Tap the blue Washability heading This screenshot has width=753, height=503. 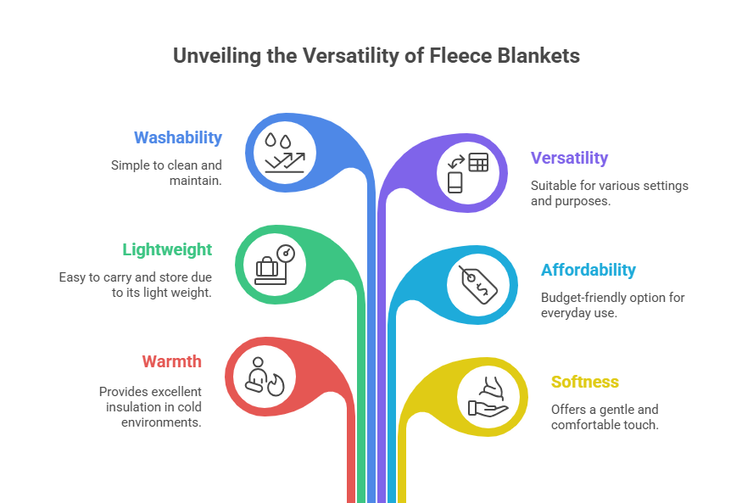(178, 137)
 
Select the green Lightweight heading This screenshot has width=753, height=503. (167, 249)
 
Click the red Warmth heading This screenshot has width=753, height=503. (172, 361)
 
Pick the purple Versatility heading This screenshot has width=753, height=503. (570, 158)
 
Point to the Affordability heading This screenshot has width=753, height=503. (588, 270)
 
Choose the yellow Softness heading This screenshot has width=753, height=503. (585, 382)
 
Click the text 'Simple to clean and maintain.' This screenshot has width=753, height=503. (166, 173)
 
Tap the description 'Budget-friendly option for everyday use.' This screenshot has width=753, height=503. (612, 305)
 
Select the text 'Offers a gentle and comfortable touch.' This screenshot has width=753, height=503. (605, 417)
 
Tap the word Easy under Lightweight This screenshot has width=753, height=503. (72, 277)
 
